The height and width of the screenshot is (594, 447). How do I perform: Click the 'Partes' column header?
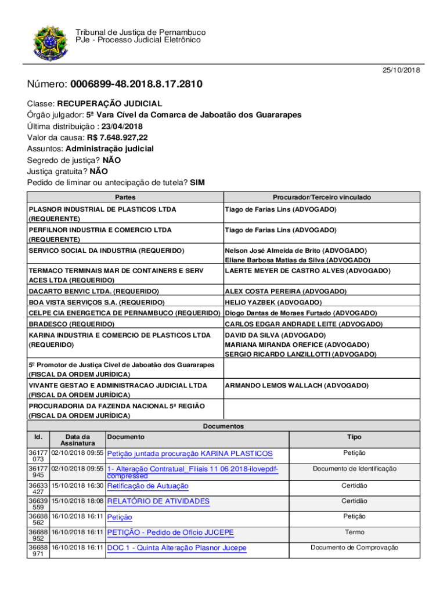tap(125, 198)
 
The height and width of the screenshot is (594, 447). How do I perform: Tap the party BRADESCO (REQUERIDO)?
tap(71, 324)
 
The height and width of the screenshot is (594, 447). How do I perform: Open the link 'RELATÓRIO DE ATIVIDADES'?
tap(158, 501)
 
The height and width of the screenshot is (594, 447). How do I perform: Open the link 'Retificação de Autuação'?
tap(148, 486)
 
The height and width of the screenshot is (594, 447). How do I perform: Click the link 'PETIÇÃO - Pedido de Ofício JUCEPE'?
tap(171, 533)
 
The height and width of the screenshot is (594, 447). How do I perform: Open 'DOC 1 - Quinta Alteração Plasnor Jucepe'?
tap(177, 548)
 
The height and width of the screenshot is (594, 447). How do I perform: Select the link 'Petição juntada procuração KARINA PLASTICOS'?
tap(190, 454)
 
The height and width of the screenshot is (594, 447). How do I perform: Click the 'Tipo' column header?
tap(354, 437)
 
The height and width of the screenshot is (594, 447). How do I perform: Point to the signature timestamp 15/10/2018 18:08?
tap(78, 500)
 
